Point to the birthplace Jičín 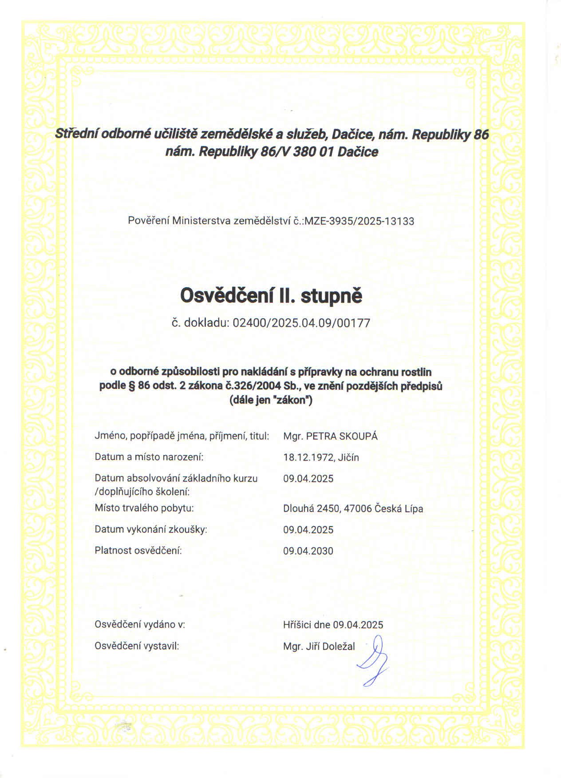coord(348,457)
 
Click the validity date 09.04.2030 coord(308,551)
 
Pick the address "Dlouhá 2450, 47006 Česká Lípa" coord(353,508)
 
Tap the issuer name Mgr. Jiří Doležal coord(319,647)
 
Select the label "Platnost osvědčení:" coord(138,551)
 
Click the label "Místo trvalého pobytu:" coord(144,508)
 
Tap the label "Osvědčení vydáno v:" coord(140,624)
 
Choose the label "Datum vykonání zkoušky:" coord(151,529)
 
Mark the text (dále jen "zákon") coord(271,400)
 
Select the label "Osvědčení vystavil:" coord(137,646)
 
